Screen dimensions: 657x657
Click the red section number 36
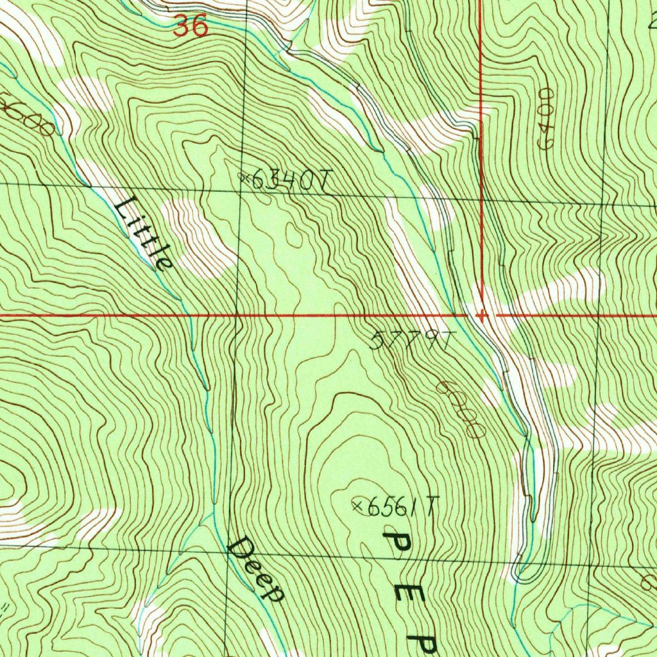click(191, 27)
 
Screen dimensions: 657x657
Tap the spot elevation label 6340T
click(289, 182)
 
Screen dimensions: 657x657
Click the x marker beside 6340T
click(244, 177)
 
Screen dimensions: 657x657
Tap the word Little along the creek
click(144, 234)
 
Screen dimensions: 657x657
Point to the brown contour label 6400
click(547, 119)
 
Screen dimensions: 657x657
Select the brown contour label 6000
click(460, 410)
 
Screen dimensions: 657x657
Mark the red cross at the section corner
click(482, 315)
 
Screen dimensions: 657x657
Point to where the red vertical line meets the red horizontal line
click(482, 315)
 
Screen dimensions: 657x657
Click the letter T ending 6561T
click(432, 508)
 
